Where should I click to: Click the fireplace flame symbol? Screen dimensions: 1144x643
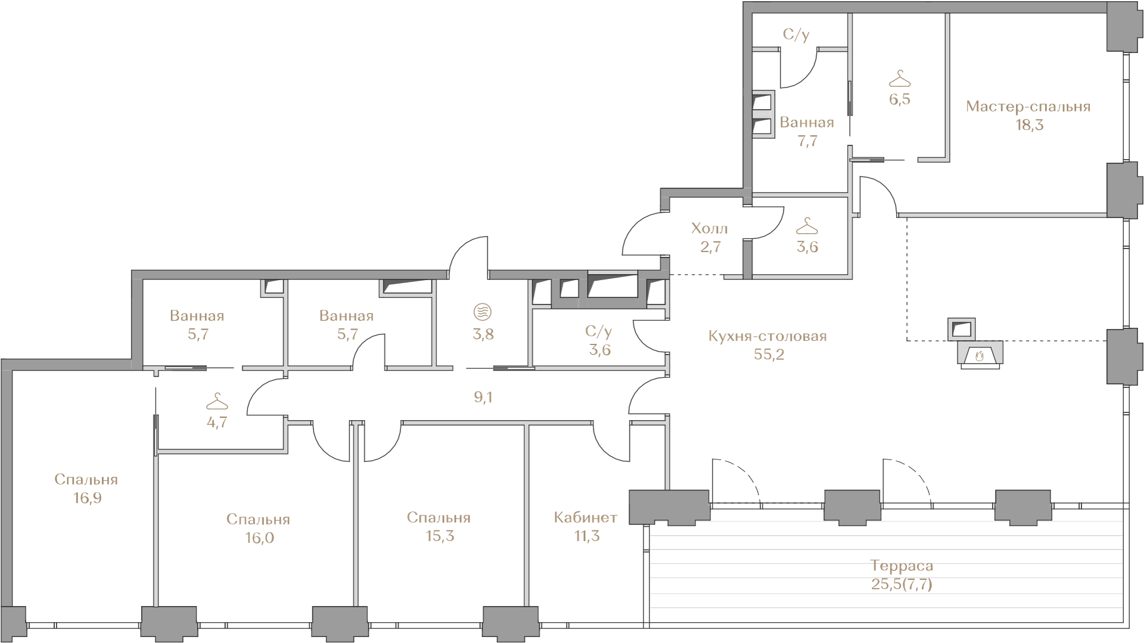tap(980, 356)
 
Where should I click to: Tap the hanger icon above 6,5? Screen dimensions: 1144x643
tap(900, 78)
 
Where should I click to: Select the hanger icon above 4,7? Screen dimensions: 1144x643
tap(217, 401)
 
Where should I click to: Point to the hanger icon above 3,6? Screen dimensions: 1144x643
tap(807, 226)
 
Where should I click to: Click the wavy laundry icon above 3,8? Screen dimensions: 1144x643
tap(483, 312)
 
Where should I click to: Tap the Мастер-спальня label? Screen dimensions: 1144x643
tap(1028, 107)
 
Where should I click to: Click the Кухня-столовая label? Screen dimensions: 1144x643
tap(767, 336)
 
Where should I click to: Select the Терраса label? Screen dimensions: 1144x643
tap(901, 566)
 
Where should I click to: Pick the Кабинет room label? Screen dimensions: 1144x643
tap(586, 517)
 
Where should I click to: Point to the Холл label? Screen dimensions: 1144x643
tap(710, 228)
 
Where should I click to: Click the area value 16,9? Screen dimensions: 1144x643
tap(88, 498)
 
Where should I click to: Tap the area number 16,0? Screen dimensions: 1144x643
tap(259, 538)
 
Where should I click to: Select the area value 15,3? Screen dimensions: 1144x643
tap(440, 536)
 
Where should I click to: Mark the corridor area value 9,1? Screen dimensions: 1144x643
tap(483, 397)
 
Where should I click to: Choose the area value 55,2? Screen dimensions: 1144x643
tap(769, 355)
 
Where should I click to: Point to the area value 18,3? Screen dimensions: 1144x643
tap(1030, 125)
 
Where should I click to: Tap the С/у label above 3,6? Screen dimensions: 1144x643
tap(599, 331)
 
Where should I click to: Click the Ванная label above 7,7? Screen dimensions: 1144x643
tap(807, 123)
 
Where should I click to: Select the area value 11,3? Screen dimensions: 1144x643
tap(587, 536)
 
